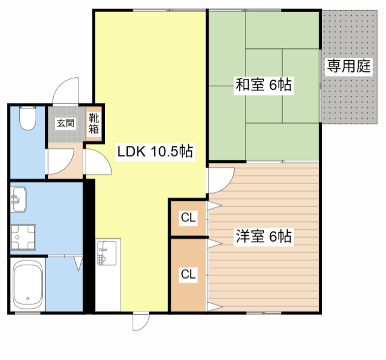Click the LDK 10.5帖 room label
tap(154, 151)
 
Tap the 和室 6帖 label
tap(263, 86)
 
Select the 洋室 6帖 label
tap(264, 236)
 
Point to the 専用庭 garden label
tap(348, 66)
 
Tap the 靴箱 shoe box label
tap(94, 123)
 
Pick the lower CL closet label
tap(188, 274)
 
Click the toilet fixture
tap(27, 118)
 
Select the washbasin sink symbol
tap(18, 200)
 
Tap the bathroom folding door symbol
tap(78, 264)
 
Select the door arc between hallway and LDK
tap(96, 162)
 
